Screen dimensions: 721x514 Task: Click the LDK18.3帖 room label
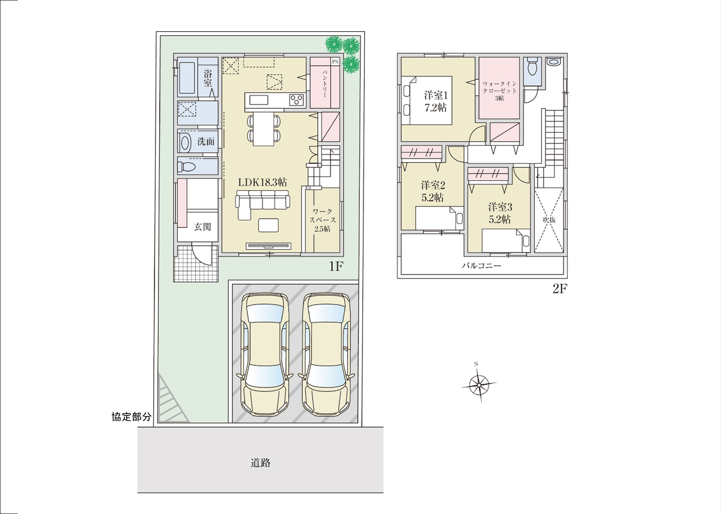(263, 183)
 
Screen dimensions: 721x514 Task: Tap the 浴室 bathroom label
(208, 78)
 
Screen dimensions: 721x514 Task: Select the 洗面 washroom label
(205, 141)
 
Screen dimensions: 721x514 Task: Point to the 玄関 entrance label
(202, 227)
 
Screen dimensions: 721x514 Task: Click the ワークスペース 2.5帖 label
(323, 220)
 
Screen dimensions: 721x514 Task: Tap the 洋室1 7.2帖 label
(436, 101)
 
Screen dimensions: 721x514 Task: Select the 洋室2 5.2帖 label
(433, 191)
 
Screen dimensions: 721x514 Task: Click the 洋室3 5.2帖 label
(500, 213)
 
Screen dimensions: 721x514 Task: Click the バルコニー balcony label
(481, 265)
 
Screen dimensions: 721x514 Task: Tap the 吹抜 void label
(549, 220)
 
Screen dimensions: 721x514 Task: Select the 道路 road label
(260, 463)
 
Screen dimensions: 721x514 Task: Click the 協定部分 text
(132, 417)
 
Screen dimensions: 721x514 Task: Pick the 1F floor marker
(336, 267)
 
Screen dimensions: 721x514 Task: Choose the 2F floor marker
(560, 289)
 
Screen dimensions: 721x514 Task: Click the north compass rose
(479, 384)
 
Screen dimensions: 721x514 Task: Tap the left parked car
(264, 355)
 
